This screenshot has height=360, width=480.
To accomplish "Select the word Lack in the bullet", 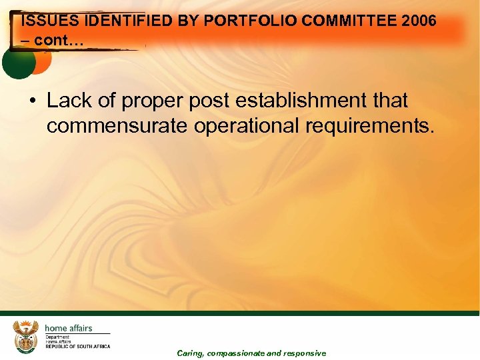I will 68,101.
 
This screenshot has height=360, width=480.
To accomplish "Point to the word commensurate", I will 117,126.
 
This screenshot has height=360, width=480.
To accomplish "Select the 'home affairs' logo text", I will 68,328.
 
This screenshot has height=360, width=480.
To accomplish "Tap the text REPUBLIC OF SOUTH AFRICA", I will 77,347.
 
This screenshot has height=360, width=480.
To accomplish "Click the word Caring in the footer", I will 190,353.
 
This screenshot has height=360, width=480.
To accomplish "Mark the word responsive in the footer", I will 305,353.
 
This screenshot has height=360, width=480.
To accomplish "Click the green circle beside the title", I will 18,62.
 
